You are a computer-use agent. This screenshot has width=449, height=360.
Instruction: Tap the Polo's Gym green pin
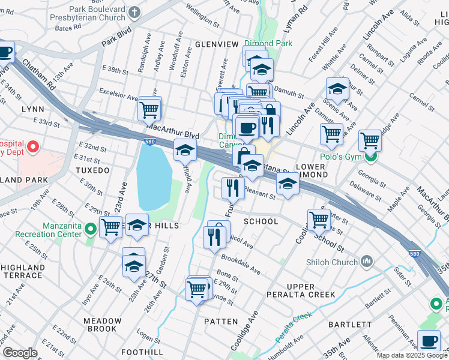coord(370,158)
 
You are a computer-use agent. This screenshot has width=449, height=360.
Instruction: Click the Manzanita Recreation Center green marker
coord(91,229)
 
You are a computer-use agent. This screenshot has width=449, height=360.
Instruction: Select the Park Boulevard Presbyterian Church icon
coord(135,11)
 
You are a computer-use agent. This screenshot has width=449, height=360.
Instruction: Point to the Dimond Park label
coord(268,44)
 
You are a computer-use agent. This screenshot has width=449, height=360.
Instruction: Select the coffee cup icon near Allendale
coord(429,341)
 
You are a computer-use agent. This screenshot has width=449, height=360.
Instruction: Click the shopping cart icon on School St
coord(318,220)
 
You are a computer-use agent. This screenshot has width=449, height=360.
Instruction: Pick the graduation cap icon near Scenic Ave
coord(337,89)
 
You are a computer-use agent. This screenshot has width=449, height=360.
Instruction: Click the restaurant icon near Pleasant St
coord(232,188)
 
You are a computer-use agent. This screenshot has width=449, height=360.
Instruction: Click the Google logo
coord(20,353)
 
